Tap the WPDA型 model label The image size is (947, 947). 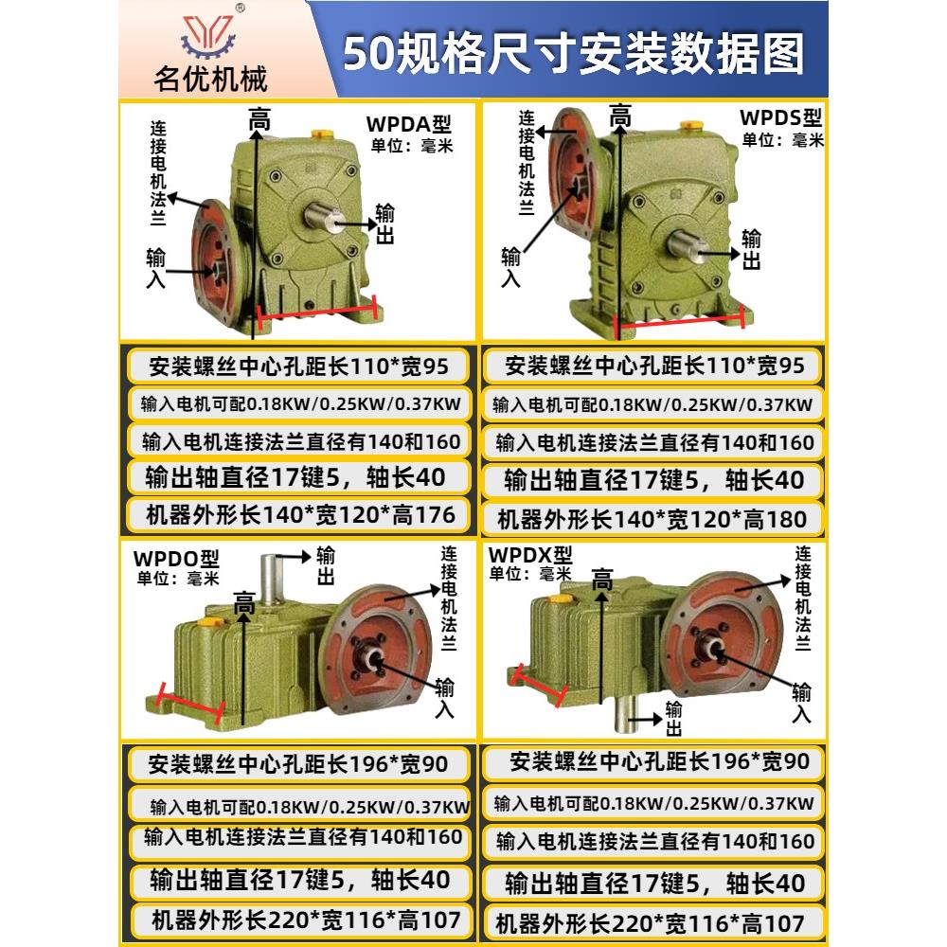click(x=409, y=124)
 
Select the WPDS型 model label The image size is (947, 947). click(x=780, y=119)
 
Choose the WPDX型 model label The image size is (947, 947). click(x=530, y=554)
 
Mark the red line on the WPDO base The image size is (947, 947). click(x=190, y=705)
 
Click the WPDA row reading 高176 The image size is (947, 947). click(x=299, y=515)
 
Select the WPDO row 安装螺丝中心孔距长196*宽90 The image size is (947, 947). click(x=299, y=762)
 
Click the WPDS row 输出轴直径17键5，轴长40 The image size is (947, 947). click(x=653, y=480)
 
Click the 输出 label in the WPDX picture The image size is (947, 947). click(x=674, y=718)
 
